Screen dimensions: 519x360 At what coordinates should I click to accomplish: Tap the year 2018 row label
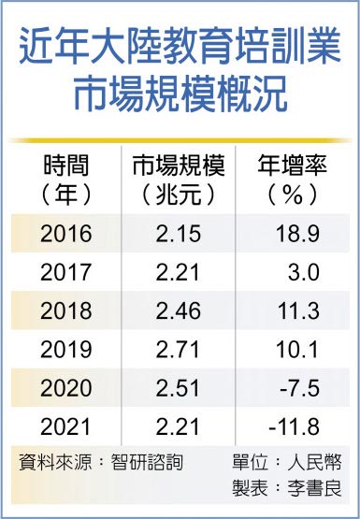pos(66,310)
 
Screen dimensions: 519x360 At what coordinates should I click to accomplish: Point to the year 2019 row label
pos(66,349)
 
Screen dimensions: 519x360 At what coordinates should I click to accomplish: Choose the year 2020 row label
pos(66,388)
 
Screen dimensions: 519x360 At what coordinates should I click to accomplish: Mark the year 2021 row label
pos(66,427)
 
